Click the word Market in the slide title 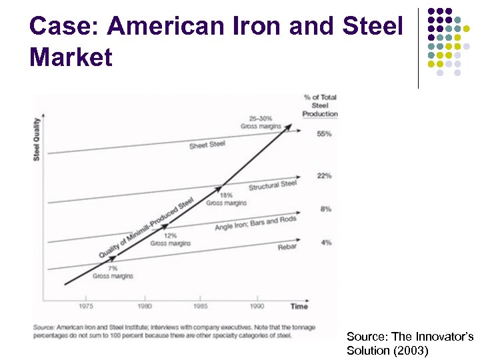click(71, 58)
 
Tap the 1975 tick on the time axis click(85, 306)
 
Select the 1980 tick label click(145, 306)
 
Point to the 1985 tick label click(200, 306)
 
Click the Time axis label click(299, 306)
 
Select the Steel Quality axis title click(37, 139)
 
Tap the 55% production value click(325, 133)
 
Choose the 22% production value click(325, 176)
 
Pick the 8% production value click(326, 209)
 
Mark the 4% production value click(326, 243)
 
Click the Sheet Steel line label click(207, 145)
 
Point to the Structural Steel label click(273, 185)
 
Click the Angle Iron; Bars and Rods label click(255, 223)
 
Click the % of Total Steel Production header click(320, 105)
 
